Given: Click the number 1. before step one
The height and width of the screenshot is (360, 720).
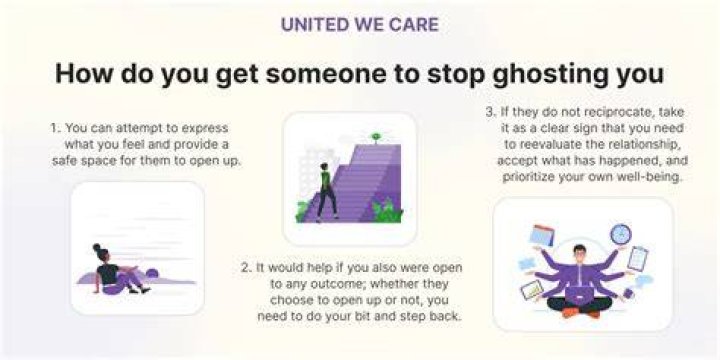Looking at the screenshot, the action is coord(56,128).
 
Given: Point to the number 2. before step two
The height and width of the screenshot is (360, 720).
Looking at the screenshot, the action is coord(247,268).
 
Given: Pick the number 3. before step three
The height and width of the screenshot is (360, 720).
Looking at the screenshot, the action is coord(491,112).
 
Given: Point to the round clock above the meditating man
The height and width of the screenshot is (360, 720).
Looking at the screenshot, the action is coord(621,234).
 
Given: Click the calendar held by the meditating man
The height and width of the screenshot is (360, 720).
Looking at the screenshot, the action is coord(542,235).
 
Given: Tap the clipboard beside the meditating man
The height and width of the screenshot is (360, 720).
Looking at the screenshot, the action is coord(637,259).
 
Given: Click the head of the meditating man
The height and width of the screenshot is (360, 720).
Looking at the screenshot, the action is coord(579,253).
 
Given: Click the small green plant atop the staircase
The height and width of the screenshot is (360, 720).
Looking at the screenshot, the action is coord(376,137).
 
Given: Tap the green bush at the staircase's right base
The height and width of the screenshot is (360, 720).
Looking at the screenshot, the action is coord(387,211).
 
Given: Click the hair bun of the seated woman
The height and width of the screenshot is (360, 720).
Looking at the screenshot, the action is coord(96,247).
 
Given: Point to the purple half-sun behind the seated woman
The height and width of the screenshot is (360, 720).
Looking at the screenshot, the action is coord(152,274).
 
